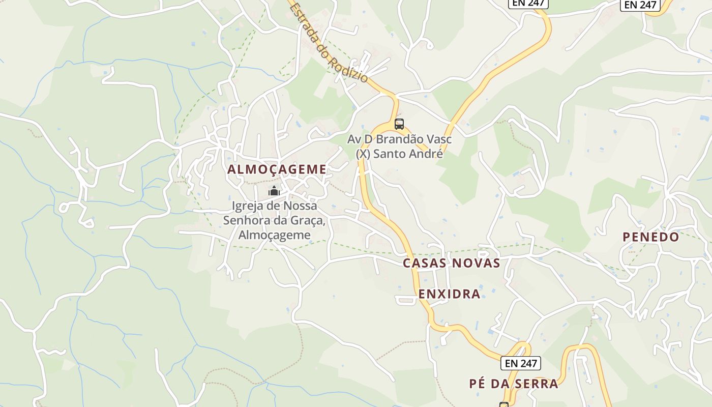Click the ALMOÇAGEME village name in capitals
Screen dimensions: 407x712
(277, 169)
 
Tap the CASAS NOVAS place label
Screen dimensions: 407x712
(452, 263)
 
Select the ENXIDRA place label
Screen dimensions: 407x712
(450, 294)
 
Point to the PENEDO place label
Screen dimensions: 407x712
(651, 237)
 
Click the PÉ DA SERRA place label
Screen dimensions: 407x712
(514, 384)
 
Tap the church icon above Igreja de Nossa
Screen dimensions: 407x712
(274, 191)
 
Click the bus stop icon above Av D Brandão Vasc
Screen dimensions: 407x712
(399, 124)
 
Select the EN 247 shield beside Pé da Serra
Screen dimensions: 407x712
(520, 363)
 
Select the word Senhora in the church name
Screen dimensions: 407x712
(244, 221)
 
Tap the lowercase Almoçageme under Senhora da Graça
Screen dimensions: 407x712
(274, 235)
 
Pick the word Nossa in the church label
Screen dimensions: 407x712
(299, 206)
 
